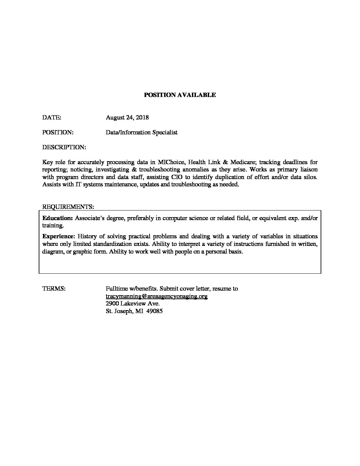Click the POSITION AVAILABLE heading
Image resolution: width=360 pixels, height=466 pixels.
(180, 95)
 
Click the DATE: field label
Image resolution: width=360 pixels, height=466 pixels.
(52, 117)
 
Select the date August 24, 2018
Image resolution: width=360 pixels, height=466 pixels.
(127, 117)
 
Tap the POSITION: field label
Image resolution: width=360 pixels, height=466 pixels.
(58, 132)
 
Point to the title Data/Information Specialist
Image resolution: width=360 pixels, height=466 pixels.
(142, 132)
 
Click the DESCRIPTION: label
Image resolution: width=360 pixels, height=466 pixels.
(64, 147)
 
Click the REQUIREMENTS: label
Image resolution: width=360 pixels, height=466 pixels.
(68, 207)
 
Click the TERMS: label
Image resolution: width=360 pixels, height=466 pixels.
(54, 289)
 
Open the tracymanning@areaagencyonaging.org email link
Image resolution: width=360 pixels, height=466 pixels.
(157, 296)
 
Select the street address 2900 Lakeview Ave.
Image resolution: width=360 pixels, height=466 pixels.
(133, 303)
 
